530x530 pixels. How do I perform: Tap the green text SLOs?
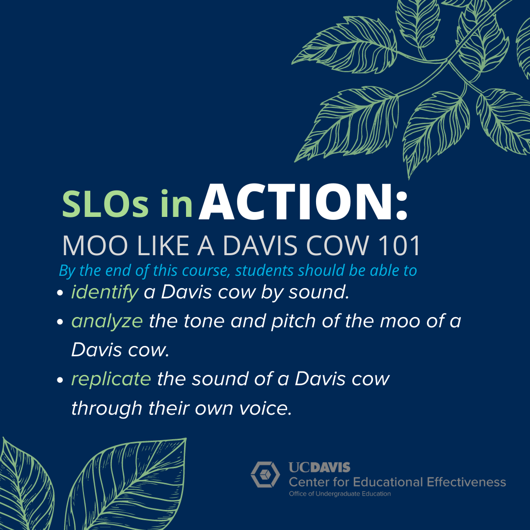tap(106, 204)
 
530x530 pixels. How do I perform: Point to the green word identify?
tap(105, 292)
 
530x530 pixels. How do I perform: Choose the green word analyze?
tap(107, 321)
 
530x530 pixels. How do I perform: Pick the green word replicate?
tap(111, 379)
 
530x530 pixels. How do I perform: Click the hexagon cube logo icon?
tap(265, 474)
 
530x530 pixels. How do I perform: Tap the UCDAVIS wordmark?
tap(319, 468)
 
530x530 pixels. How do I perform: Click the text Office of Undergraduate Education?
tap(340, 494)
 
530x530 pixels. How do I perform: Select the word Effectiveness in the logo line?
tap(467, 482)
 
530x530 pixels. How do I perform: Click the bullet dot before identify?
tap(60, 292)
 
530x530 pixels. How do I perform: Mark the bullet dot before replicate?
tap(60, 380)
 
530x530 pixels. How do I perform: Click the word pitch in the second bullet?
tap(293, 321)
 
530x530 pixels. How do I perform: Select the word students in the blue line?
tap(265, 270)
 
